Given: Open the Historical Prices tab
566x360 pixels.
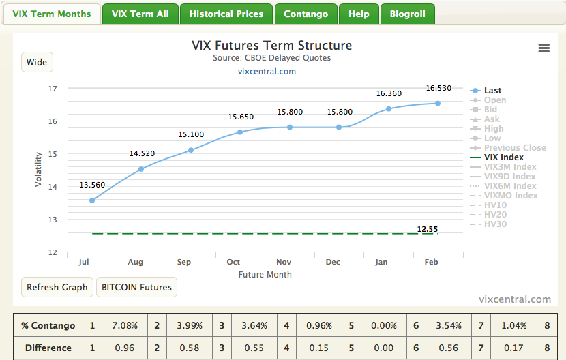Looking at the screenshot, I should coord(226,14).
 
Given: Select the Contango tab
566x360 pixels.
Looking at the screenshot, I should coord(306,14).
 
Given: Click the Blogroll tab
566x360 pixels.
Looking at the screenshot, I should coord(407,14).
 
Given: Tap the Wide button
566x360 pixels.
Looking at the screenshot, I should coord(37,62).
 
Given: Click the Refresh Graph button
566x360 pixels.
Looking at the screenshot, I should coord(57,287).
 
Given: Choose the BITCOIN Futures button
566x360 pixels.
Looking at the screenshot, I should coord(136,287).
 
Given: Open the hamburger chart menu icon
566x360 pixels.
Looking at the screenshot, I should coord(543,48).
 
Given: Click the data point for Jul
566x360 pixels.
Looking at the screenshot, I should coord(92,200).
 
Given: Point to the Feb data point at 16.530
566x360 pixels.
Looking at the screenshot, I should coord(438,104).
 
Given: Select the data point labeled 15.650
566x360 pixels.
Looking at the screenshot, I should coord(240,132).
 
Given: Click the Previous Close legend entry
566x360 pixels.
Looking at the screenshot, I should coord(514,148).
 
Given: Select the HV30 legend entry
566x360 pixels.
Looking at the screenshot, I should coord(495,224).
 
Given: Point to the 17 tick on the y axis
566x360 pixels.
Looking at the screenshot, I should coord(53,89).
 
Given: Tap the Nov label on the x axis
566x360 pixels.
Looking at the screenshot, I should coord(284,262).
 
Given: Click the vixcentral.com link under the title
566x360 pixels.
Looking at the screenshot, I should coord(267,71).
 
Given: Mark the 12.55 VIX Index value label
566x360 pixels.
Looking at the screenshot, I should coord(428,229).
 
